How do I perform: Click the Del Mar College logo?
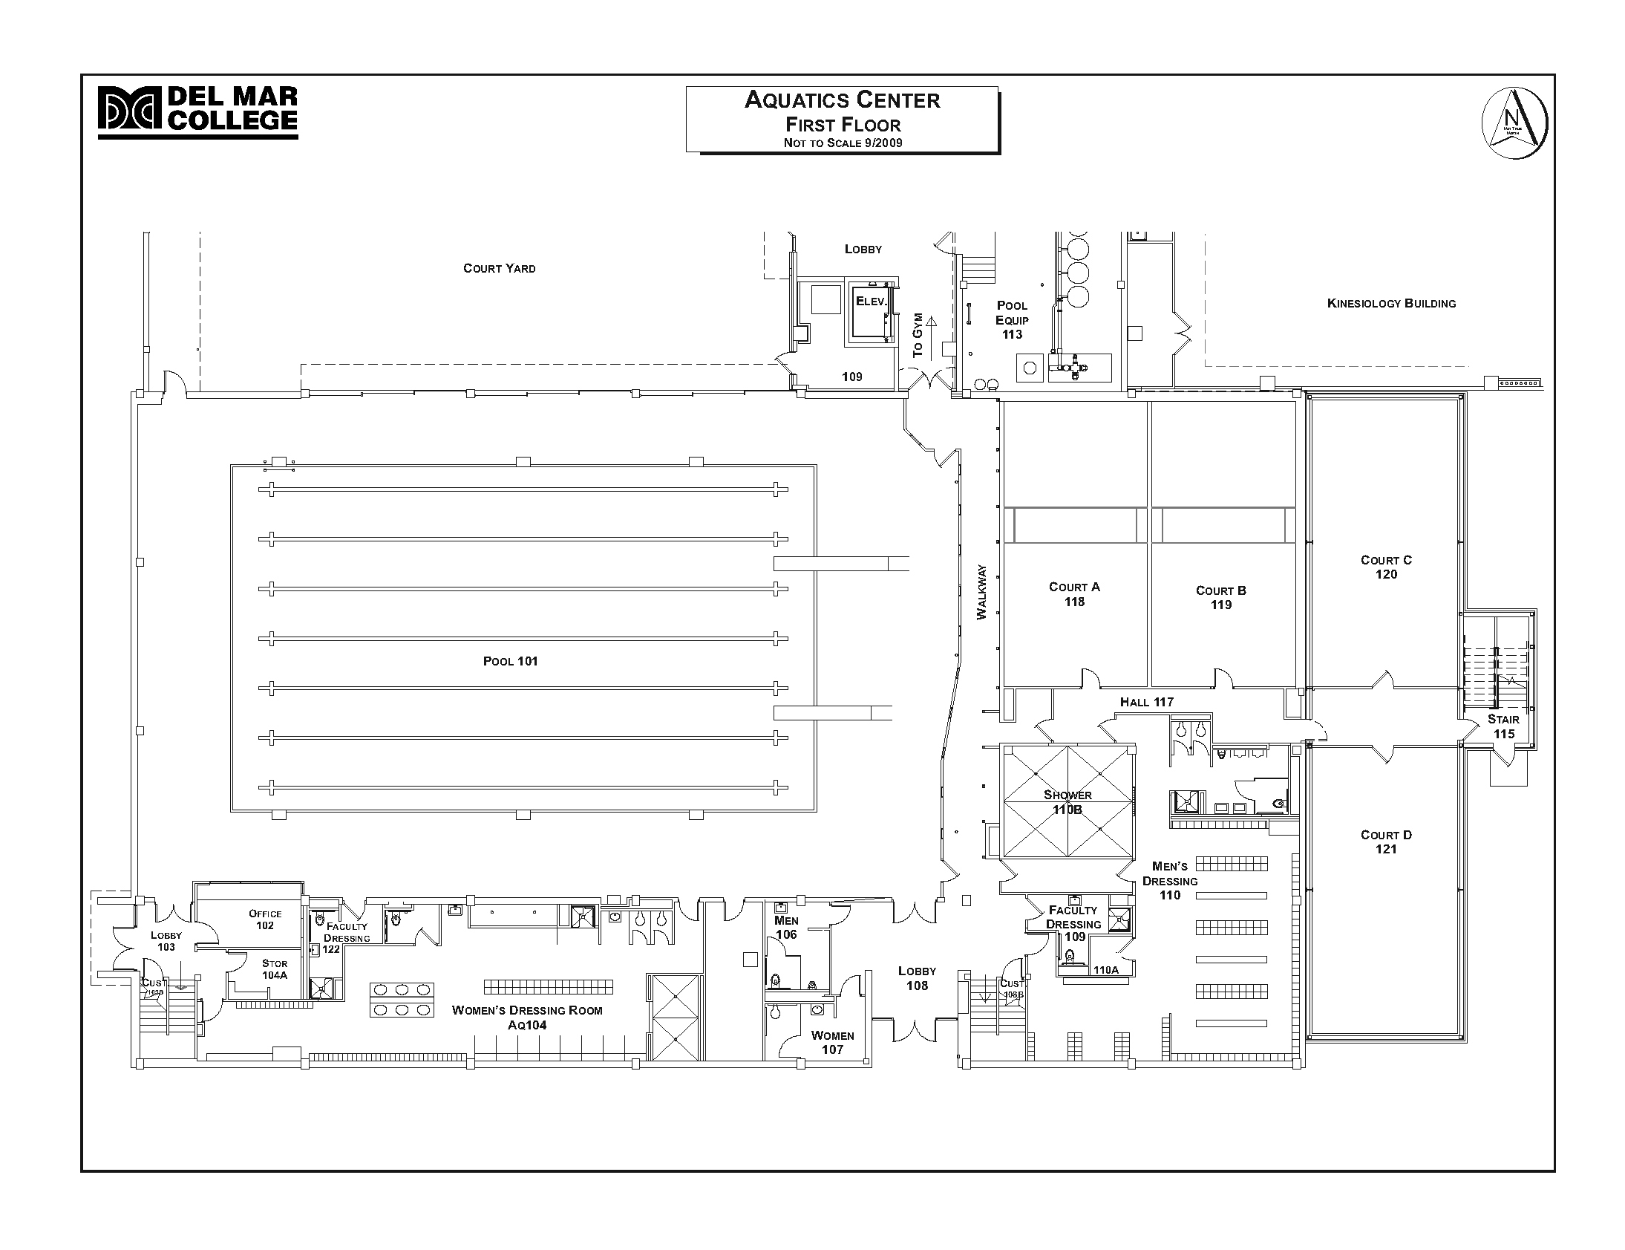coord(197,111)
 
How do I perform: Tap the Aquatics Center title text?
coord(842,100)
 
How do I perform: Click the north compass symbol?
coord(1514,123)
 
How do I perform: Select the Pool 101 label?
coord(510,661)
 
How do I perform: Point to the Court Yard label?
coord(499,268)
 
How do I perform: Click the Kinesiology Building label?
coord(1390,303)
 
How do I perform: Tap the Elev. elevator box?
coord(870,313)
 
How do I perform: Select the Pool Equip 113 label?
coord(1012,320)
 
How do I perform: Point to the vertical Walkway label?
coord(981,592)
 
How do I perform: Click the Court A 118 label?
coord(1074,593)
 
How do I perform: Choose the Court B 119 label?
coord(1220,597)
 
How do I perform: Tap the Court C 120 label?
coord(1385,567)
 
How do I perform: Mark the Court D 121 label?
coord(1385,842)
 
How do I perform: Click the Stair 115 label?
coord(1503,726)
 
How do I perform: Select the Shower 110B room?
coord(1067,801)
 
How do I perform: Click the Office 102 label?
coord(265,919)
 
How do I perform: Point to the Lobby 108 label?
coord(916,977)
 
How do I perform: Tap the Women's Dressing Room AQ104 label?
coord(527,1017)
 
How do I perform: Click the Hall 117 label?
coord(1146,702)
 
